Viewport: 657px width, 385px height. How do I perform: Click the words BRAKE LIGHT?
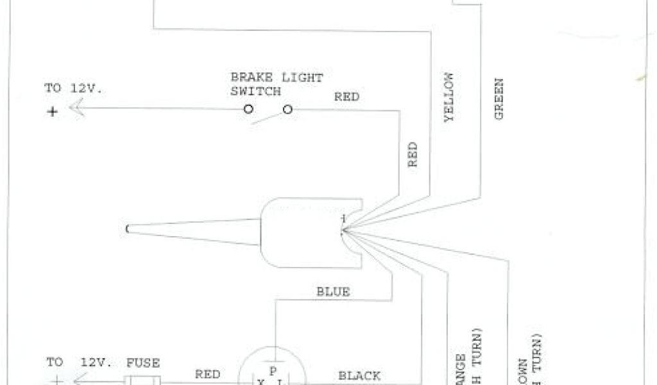pyautogui.click(x=277, y=78)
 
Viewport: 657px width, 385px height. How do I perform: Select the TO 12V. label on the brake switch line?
pyautogui.click(x=73, y=88)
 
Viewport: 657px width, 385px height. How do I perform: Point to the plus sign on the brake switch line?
pyautogui.click(x=52, y=110)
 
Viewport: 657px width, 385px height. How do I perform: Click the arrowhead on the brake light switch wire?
pyautogui.click(x=76, y=110)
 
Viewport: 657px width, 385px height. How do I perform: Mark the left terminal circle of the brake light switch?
pyautogui.click(x=248, y=110)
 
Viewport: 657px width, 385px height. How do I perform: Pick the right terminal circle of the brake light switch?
pyautogui.click(x=287, y=110)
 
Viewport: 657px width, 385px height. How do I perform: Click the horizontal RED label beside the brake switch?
pyautogui.click(x=346, y=97)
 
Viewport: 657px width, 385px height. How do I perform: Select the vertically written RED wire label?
pyautogui.click(x=413, y=155)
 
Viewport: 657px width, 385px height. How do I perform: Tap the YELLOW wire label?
pyautogui.click(x=449, y=97)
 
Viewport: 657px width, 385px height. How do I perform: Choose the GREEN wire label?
pyautogui.click(x=499, y=99)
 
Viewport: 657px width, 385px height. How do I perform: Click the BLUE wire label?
pyautogui.click(x=333, y=292)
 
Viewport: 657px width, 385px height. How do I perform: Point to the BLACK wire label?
pyautogui.click(x=359, y=375)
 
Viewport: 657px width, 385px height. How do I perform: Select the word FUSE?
pyautogui.click(x=142, y=363)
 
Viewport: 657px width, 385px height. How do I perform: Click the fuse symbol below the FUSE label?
pyautogui.click(x=142, y=381)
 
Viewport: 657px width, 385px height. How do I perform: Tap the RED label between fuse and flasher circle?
pyautogui.click(x=207, y=374)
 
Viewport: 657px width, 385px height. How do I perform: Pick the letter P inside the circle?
pyautogui.click(x=272, y=370)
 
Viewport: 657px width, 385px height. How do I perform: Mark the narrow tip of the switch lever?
pyautogui.click(x=130, y=228)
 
